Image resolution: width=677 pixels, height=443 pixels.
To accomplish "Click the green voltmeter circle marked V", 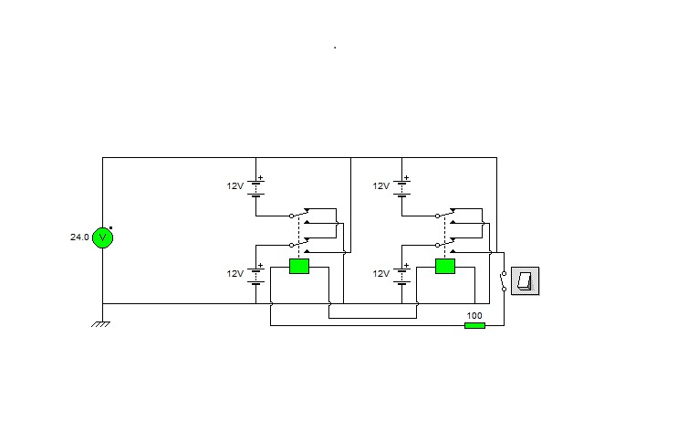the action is pyautogui.click(x=103, y=237).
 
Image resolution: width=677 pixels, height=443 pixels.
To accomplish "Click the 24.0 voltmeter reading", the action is pyautogui.click(x=79, y=237).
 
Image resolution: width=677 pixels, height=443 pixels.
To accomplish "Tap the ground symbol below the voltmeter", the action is pyautogui.click(x=101, y=323).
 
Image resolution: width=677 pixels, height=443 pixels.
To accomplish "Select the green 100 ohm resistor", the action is pyautogui.click(x=474, y=325).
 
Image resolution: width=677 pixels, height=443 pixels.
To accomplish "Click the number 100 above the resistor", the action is pyautogui.click(x=474, y=315).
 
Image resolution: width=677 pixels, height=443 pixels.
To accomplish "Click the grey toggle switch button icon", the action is pyautogui.click(x=525, y=281).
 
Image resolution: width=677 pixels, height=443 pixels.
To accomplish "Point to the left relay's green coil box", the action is pyautogui.click(x=299, y=266).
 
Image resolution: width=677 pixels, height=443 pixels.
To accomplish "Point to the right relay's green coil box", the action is pyautogui.click(x=445, y=266).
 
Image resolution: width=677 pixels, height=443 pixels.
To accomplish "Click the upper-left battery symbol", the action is pyautogui.click(x=256, y=187).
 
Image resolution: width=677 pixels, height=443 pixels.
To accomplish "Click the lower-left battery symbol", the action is pyautogui.click(x=256, y=275).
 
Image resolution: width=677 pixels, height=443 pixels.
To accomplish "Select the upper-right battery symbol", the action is pyautogui.click(x=402, y=187).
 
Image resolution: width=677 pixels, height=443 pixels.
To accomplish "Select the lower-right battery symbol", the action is pyautogui.click(x=402, y=275).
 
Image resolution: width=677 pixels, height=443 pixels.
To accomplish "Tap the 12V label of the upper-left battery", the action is pyautogui.click(x=235, y=185).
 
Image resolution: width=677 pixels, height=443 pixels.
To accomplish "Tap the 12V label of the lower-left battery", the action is pyautogui.click(x=235, y=274).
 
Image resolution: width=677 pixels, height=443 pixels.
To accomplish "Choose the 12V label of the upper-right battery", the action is pyautogui.click(x=381, y=185).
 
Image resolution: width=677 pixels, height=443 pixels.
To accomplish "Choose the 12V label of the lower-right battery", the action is pyautogui.click(x=381, y=274).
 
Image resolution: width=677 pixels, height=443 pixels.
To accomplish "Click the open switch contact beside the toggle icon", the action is pyautogui.click(x=503, y=281).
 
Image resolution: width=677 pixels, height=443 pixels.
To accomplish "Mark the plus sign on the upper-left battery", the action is pyautogui.click(x=260, y=177).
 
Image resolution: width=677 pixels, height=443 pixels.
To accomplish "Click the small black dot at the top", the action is pyautogui.click(x=335, y=47).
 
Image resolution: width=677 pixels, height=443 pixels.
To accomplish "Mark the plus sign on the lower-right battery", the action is pyautogui.click(x=406, y=266).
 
